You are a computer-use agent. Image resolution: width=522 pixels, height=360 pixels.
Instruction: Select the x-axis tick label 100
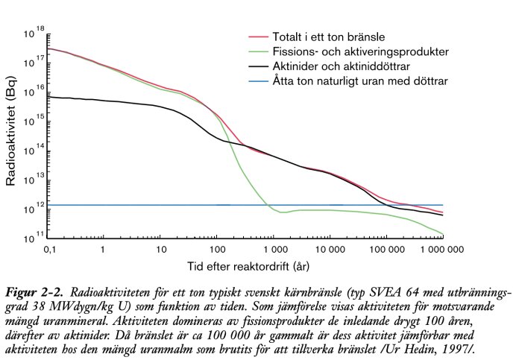point(217,248)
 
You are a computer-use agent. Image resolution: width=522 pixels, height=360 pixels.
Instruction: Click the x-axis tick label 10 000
point(330,248)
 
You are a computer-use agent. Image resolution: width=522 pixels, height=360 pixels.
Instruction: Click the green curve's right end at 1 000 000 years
point(443,233)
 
